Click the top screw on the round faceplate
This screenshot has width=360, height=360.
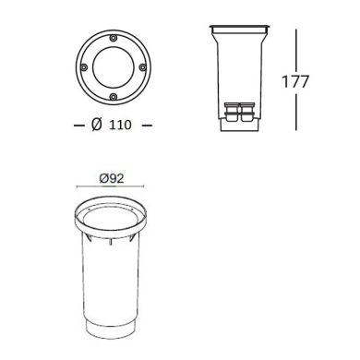112,39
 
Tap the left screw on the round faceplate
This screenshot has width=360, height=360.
84,67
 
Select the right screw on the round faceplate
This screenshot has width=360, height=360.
140,67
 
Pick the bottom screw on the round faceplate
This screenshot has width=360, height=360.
112,96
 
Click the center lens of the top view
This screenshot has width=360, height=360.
112,67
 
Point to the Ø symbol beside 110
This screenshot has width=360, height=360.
96,125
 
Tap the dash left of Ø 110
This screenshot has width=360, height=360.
77,125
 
